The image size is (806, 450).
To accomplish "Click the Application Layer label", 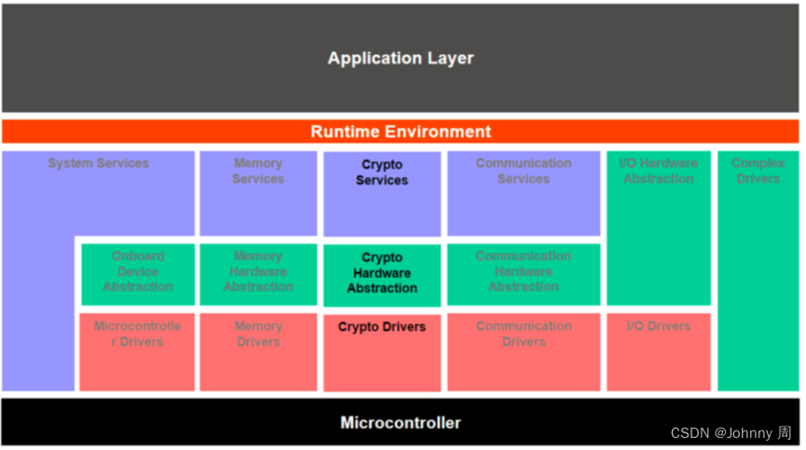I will [x=401, y=58].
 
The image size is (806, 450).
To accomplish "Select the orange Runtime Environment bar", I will [x=401, y=131].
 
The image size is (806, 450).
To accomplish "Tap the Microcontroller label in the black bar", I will [x=401, y=423].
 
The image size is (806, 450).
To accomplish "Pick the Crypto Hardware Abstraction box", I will [x=382, y=274].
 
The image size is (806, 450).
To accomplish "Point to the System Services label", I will [x=99, y=164].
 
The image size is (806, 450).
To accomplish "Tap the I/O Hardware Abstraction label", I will [x=658, y=171].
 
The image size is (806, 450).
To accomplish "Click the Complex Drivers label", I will [x=758, y=171].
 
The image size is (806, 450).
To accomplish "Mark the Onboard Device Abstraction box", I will [x=138, y=272].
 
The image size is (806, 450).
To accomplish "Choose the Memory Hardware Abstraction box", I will [x=258, y=272].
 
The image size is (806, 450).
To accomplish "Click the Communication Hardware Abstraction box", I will [x=524, y=272].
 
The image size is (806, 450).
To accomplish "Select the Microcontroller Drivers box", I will [x=138, y=350].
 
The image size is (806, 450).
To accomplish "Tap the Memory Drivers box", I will [x=258, y=350].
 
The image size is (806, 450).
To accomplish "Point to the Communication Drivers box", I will [x=524, y=350].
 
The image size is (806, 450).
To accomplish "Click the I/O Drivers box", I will [x=658, y=350].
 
